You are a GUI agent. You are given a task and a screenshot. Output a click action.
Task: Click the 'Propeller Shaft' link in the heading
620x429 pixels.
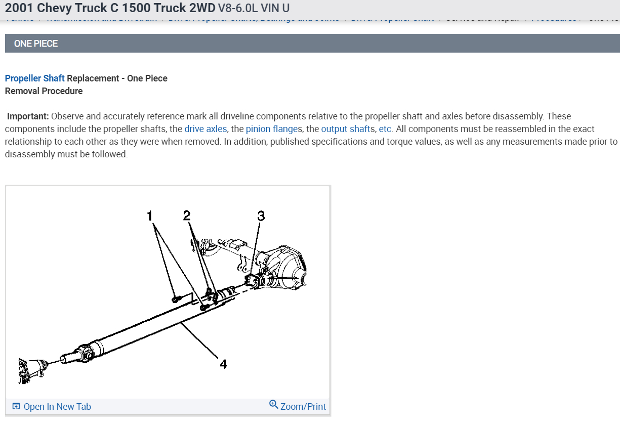point(35,78)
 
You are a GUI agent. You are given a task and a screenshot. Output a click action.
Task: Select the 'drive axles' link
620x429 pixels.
point(205,129)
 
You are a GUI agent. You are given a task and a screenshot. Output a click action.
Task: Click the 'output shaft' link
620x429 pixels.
point(346,129)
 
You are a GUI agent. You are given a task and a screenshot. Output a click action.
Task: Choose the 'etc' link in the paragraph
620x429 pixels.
point(385,129)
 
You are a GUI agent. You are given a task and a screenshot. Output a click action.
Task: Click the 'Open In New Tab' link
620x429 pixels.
point(57,407)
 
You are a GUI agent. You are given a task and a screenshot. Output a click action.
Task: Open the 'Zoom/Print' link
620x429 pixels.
point(303,407)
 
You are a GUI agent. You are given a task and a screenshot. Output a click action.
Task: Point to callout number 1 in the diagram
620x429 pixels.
point(149,216)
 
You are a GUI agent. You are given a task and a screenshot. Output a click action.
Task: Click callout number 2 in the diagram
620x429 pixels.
point(187,216)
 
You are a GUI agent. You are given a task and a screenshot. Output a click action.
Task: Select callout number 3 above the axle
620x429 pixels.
point(261,216)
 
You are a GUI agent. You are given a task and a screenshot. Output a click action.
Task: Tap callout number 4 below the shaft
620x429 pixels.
point(223,364)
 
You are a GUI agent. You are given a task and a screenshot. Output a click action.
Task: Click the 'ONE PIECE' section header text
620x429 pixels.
point(36,44)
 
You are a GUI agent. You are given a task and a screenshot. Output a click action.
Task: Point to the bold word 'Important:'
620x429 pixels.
point(28,116)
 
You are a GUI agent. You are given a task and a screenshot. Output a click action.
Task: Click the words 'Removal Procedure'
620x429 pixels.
point(44,91)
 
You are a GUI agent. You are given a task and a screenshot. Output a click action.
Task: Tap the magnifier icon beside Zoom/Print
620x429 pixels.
point(274,405)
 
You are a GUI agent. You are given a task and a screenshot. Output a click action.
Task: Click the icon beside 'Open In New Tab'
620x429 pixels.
point(16,407)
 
